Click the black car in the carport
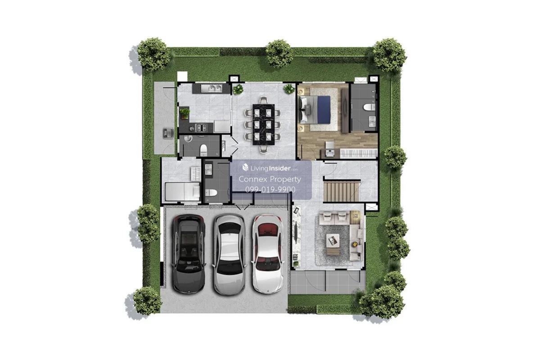[x=189, y=254]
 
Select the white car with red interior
[x=268, y=254]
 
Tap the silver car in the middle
[x=229, y=254]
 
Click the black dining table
[x=264, y=124]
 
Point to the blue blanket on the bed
[x=324, y=110]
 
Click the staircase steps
[x=341, y=192]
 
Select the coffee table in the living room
[x=333, y=240]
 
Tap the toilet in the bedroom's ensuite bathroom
[x=369, y=107]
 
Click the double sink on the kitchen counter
[x=211, y=88]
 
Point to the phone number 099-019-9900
[x=270, y=189]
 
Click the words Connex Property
[x=270, y=179]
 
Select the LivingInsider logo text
[x=270, y=168]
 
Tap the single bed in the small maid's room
[x=182, y=192]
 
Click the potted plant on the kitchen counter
[x=184, y=113]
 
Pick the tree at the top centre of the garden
[x=279, y=54]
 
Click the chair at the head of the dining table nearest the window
[x=264, y=100]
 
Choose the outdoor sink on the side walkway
[x=168, y=133]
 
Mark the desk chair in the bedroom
[x=329, y=145]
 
